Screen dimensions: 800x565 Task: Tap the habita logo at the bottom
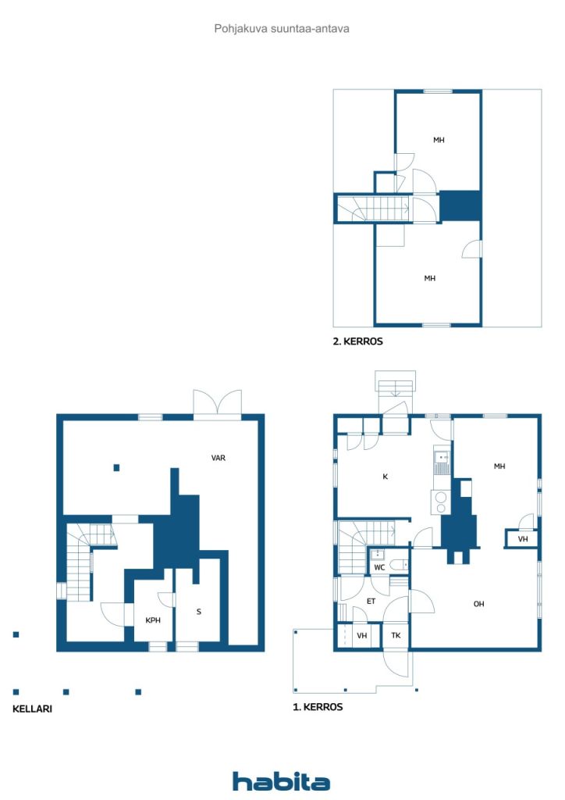pos(281,781)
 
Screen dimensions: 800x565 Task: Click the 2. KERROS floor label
pos(358,341)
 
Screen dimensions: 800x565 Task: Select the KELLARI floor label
pos(32,709)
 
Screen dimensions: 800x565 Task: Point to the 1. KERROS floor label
pos(318,706)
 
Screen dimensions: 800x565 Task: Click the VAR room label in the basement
pos(219,458)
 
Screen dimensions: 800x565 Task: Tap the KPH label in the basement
pos(153,621)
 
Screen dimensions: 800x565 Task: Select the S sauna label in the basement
pos(199,612)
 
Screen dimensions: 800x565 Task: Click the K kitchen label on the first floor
pos(385,476)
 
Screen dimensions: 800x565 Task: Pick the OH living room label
pos(479,603)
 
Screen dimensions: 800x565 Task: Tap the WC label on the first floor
pos(378,567)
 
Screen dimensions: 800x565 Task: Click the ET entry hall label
pos(371,602)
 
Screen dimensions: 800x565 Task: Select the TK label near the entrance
pos(396,636)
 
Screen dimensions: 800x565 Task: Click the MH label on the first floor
pos(499,466)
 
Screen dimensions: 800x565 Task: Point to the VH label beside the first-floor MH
pos(522,539)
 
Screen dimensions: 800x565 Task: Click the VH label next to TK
pos(361,636)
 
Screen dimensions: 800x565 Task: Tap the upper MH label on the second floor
pos(439,140)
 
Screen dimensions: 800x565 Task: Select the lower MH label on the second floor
pos(429,278)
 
